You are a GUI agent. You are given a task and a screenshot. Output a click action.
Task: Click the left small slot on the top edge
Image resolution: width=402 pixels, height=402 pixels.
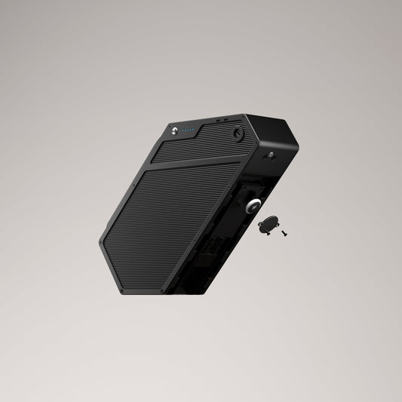coord(216,120)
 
